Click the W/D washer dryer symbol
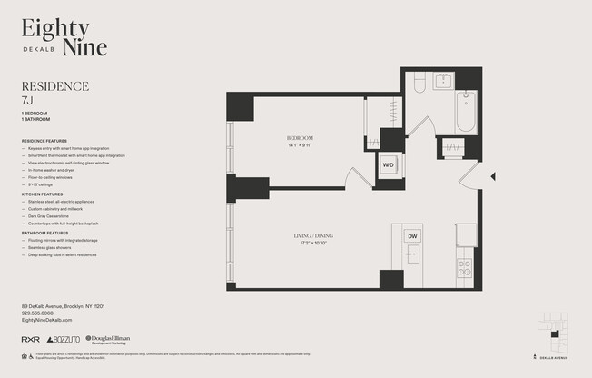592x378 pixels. [x=388, y=165]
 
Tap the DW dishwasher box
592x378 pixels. [x=412, y=236]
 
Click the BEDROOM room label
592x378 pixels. [x=300, y=138]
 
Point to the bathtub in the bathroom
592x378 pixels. [x=466, y=112]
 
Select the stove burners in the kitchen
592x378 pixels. [x=464, y=267]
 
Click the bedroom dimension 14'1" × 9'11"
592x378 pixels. [x=300, y=145]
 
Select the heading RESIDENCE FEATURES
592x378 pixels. [x=43, y=141]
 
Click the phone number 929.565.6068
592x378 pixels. [x=39, y=313]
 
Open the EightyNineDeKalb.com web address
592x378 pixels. [x=46, y=320]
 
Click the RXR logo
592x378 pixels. [x=30, y=339]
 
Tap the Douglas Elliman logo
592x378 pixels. [x=107, y=339]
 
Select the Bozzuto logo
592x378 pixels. [x=63, y=339]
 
